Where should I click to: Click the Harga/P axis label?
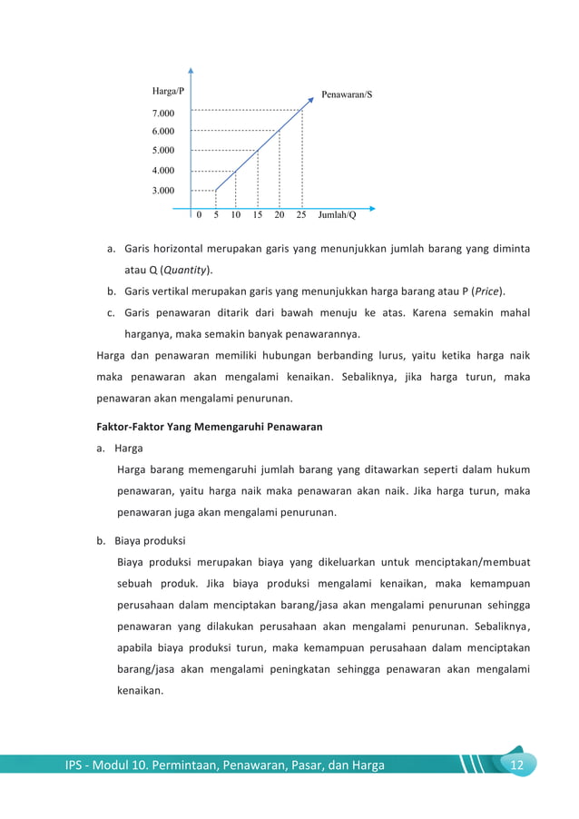[x=167, y=92]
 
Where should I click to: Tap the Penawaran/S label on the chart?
[x=347, y=94]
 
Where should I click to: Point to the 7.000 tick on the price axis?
[x=163, y=113]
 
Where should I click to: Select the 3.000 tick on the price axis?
[x=163, y=191]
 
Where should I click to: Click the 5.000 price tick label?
[x=163, y=151]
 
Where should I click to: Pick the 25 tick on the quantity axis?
[x=301, y=215]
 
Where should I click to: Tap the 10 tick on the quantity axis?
[x=236, y=215]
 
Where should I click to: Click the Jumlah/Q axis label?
[x=338, y=215]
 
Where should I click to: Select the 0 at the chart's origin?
[x=199, y=215]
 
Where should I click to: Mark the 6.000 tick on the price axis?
[x=163, y=132]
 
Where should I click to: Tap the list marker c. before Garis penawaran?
[x=110, y=313]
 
